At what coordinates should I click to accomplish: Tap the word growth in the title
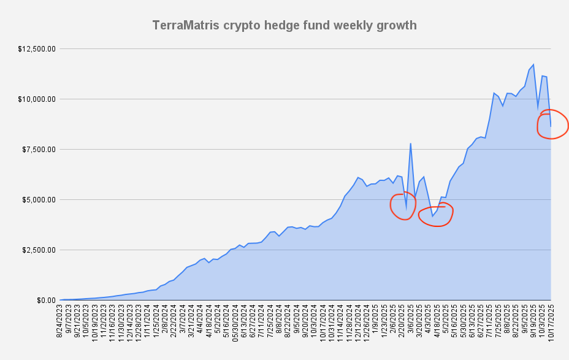pyautogui.click(x=395, y=26)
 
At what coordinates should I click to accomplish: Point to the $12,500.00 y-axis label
pyautogui.click(x=38, y=48)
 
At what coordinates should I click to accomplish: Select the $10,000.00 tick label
pyautogui.click(x=38, y=99)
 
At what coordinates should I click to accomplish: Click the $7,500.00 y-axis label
pyautogui.click(x=40, y=149)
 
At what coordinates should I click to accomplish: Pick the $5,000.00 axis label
pyautogui.click(x=40, y=199)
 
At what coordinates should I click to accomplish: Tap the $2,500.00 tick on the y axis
pyautogui.click(x=40, y=250)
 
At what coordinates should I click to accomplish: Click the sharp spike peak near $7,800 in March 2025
pyautogui.click(x=410, y=144)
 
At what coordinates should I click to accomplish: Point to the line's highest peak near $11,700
pyautogui.click(x=533, y=64)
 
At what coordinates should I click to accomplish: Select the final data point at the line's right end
pyautogui.click(x=551, y=126)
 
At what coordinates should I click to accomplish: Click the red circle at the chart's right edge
pyautogui.click(x=553, y=124)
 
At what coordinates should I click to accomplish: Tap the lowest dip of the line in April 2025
pyautogui.click(x=432, y=216)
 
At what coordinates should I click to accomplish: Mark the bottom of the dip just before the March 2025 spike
pyautogui.click(x=406, y=209)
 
